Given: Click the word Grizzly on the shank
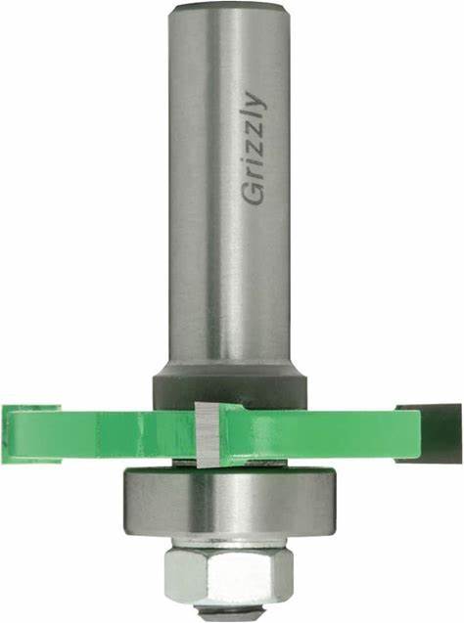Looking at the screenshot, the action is point(255,148).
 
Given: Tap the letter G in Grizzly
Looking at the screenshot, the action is point(253,195).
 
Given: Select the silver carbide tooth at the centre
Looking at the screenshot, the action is point(208,433).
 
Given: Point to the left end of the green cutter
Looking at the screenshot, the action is point(31,433).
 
